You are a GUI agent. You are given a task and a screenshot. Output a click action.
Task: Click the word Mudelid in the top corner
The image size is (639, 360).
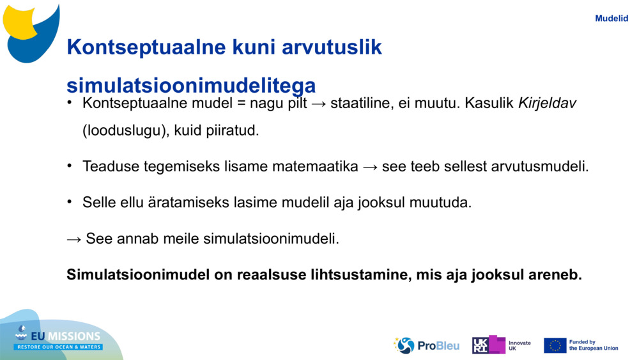tap(612, 19)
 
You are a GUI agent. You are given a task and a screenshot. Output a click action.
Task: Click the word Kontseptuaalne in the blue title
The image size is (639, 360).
tap(146, 47)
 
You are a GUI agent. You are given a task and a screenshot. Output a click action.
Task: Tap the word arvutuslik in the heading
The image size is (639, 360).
tap(332, 47)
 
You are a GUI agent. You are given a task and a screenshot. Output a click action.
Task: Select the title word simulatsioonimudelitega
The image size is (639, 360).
tap(191, 86)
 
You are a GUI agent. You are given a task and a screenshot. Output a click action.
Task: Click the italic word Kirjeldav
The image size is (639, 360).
tap(547, 104)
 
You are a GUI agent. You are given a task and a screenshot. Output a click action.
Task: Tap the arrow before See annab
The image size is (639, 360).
tap(74, 239)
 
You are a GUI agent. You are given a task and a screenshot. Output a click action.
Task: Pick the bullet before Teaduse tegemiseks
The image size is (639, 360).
tap(70, 165)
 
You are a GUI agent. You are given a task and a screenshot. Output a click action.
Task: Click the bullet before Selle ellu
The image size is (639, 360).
tap(70, 201)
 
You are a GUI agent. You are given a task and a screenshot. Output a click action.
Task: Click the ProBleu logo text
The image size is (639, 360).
tap(438, 346)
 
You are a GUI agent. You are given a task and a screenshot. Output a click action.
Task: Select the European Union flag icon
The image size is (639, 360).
tap(555, 346)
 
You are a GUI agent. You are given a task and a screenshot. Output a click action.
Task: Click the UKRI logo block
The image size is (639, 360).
tap(489, 345)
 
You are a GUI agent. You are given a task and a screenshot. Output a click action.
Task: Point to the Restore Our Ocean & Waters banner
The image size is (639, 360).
tap(58, 347)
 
